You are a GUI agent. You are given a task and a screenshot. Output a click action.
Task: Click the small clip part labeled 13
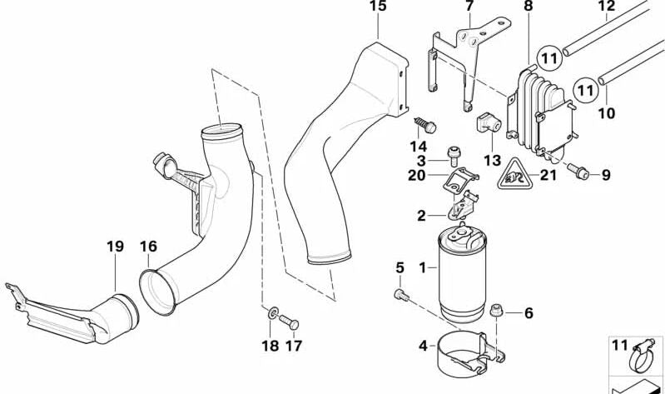(x=485, y=122)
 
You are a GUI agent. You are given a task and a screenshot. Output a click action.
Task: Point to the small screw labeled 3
(x=454, y=152)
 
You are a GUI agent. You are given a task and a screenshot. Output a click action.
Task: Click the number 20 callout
(x=417, y=175)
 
